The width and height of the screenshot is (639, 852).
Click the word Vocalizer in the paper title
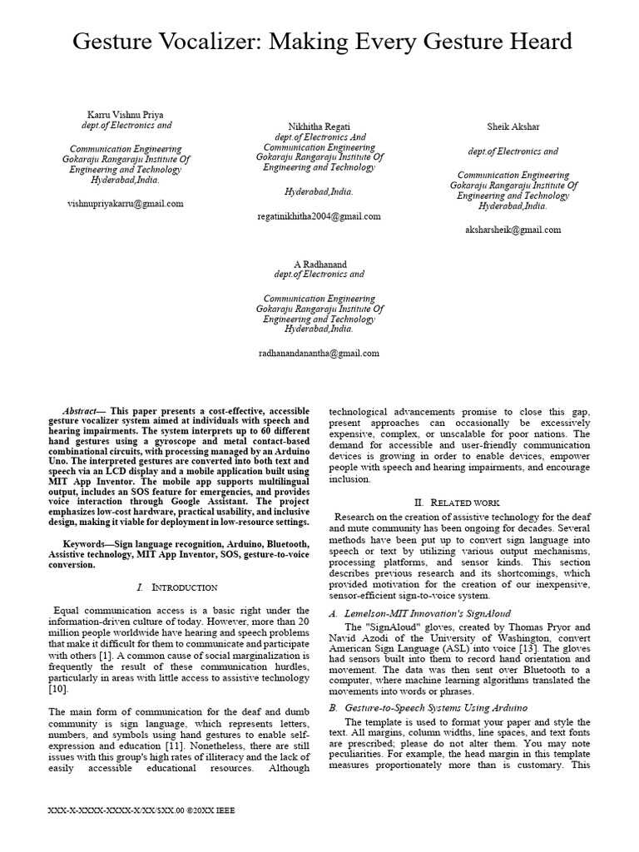pos(240,41)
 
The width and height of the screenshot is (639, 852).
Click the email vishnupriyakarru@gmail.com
pos(125,203)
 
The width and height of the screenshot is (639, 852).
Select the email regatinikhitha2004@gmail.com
pos(319,215)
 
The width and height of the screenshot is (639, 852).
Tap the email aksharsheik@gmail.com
pos(513,230)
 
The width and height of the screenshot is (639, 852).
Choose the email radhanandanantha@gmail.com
pos(319,354)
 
